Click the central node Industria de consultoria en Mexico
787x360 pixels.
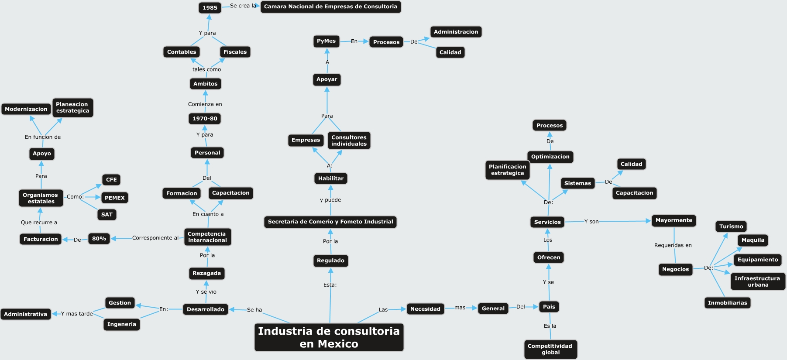coord(329,337)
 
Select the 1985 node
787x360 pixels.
coord(210,7)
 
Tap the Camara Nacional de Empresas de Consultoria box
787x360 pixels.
coord(330,7)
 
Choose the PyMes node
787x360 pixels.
coord(326,41)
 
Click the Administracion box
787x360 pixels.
coord(456,32)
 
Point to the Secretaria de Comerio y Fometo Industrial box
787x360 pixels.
coord(330,222)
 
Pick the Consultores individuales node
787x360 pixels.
coord(349,141)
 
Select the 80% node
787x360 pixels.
coord(99,239)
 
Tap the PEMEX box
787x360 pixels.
coord(115,198)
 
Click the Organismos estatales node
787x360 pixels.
coord(41,198)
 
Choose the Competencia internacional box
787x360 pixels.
coord(207,237)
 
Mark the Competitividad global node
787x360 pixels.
coord(550,349)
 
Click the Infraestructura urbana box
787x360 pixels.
coord(757,281)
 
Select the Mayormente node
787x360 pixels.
coord(674,220)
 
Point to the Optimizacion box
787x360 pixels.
coord(550,157)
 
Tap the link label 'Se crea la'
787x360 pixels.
coord(243,6)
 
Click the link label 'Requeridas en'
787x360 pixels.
coord(673,245)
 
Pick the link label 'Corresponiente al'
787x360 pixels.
coord(155,238)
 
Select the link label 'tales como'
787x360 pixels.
coord(206,69)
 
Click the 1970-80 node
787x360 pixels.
coord(205,119)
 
